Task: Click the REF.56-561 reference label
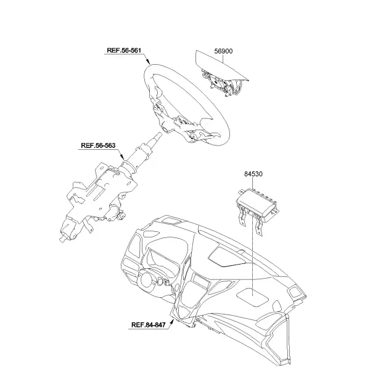pos(124,51)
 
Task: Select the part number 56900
pos(223,51)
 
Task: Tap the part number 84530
pos(253,174)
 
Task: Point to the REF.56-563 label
pos(98,146)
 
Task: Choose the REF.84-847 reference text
pos(149,325)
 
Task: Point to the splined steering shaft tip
pos(158,136)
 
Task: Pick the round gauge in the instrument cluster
pos(147,279)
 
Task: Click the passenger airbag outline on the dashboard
pos(252,297)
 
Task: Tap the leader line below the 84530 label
pos(252,236)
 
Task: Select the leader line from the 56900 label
pos(223,59)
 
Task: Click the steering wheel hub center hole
pos(165,129)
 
